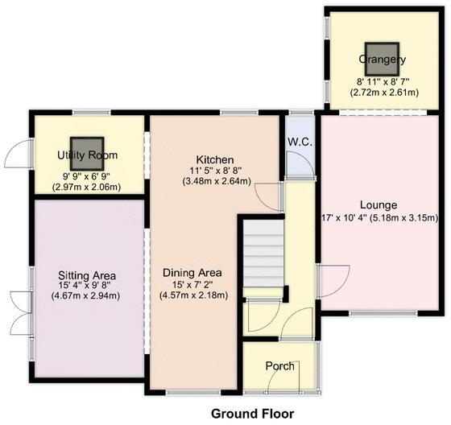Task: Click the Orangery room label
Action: tap(383, 60)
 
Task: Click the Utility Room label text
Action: tap(89, 155)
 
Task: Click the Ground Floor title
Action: tap(248, 414)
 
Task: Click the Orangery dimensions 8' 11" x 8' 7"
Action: tap(383, 81)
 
